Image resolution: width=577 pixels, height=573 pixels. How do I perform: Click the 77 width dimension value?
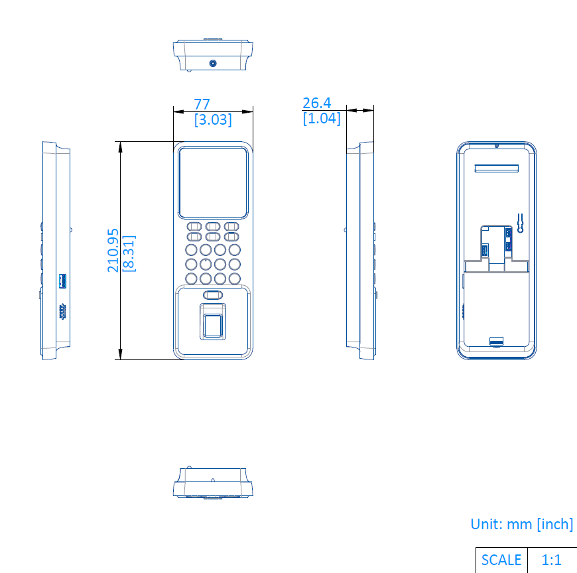202,104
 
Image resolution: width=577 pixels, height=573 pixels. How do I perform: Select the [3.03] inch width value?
213,119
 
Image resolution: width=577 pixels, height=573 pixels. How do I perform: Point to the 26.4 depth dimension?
317,103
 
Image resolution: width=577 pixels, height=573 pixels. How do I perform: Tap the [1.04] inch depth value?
322,118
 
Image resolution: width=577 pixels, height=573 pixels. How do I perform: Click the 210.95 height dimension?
113,251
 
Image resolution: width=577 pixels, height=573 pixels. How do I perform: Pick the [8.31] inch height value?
129,253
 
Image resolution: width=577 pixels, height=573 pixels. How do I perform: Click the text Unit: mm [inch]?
522,524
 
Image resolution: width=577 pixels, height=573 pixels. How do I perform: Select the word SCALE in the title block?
501,560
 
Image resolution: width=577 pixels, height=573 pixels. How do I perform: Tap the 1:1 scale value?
551,560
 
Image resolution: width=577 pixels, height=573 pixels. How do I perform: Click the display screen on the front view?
213,182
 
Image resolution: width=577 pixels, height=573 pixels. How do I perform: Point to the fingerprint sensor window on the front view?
213,326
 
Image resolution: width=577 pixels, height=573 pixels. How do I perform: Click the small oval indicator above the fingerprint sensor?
213,294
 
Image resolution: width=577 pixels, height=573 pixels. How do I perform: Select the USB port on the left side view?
62,281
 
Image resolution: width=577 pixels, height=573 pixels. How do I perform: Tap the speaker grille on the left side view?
62,311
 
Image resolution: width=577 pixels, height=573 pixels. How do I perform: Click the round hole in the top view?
213,63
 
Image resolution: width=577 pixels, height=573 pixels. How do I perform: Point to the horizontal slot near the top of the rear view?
496,168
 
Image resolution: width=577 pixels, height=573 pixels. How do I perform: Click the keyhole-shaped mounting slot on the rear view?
520,223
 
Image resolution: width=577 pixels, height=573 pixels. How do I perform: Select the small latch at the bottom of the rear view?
496,341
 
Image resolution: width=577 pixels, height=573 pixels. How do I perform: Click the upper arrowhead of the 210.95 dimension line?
120,147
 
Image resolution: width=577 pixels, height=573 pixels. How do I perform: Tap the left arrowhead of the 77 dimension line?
179,111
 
